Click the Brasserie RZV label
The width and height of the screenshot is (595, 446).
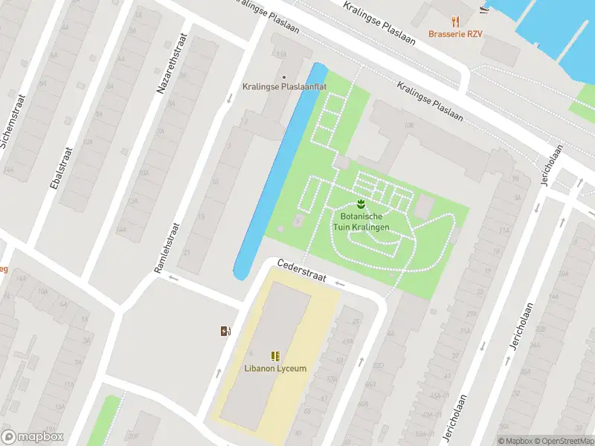point(454,34)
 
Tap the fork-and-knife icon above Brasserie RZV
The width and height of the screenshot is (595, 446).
point(455,22)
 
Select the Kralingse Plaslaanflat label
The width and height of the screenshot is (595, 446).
point(284,87)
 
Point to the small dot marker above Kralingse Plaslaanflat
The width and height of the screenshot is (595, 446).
point(283,76)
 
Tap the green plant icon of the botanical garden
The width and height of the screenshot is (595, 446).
point(361,203)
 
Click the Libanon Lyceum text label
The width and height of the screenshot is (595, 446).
point(275,369)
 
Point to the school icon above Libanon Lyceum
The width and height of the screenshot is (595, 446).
point(275,356)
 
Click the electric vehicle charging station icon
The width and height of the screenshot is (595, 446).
point(225,331)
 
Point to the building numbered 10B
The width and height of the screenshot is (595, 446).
point(409,126)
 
